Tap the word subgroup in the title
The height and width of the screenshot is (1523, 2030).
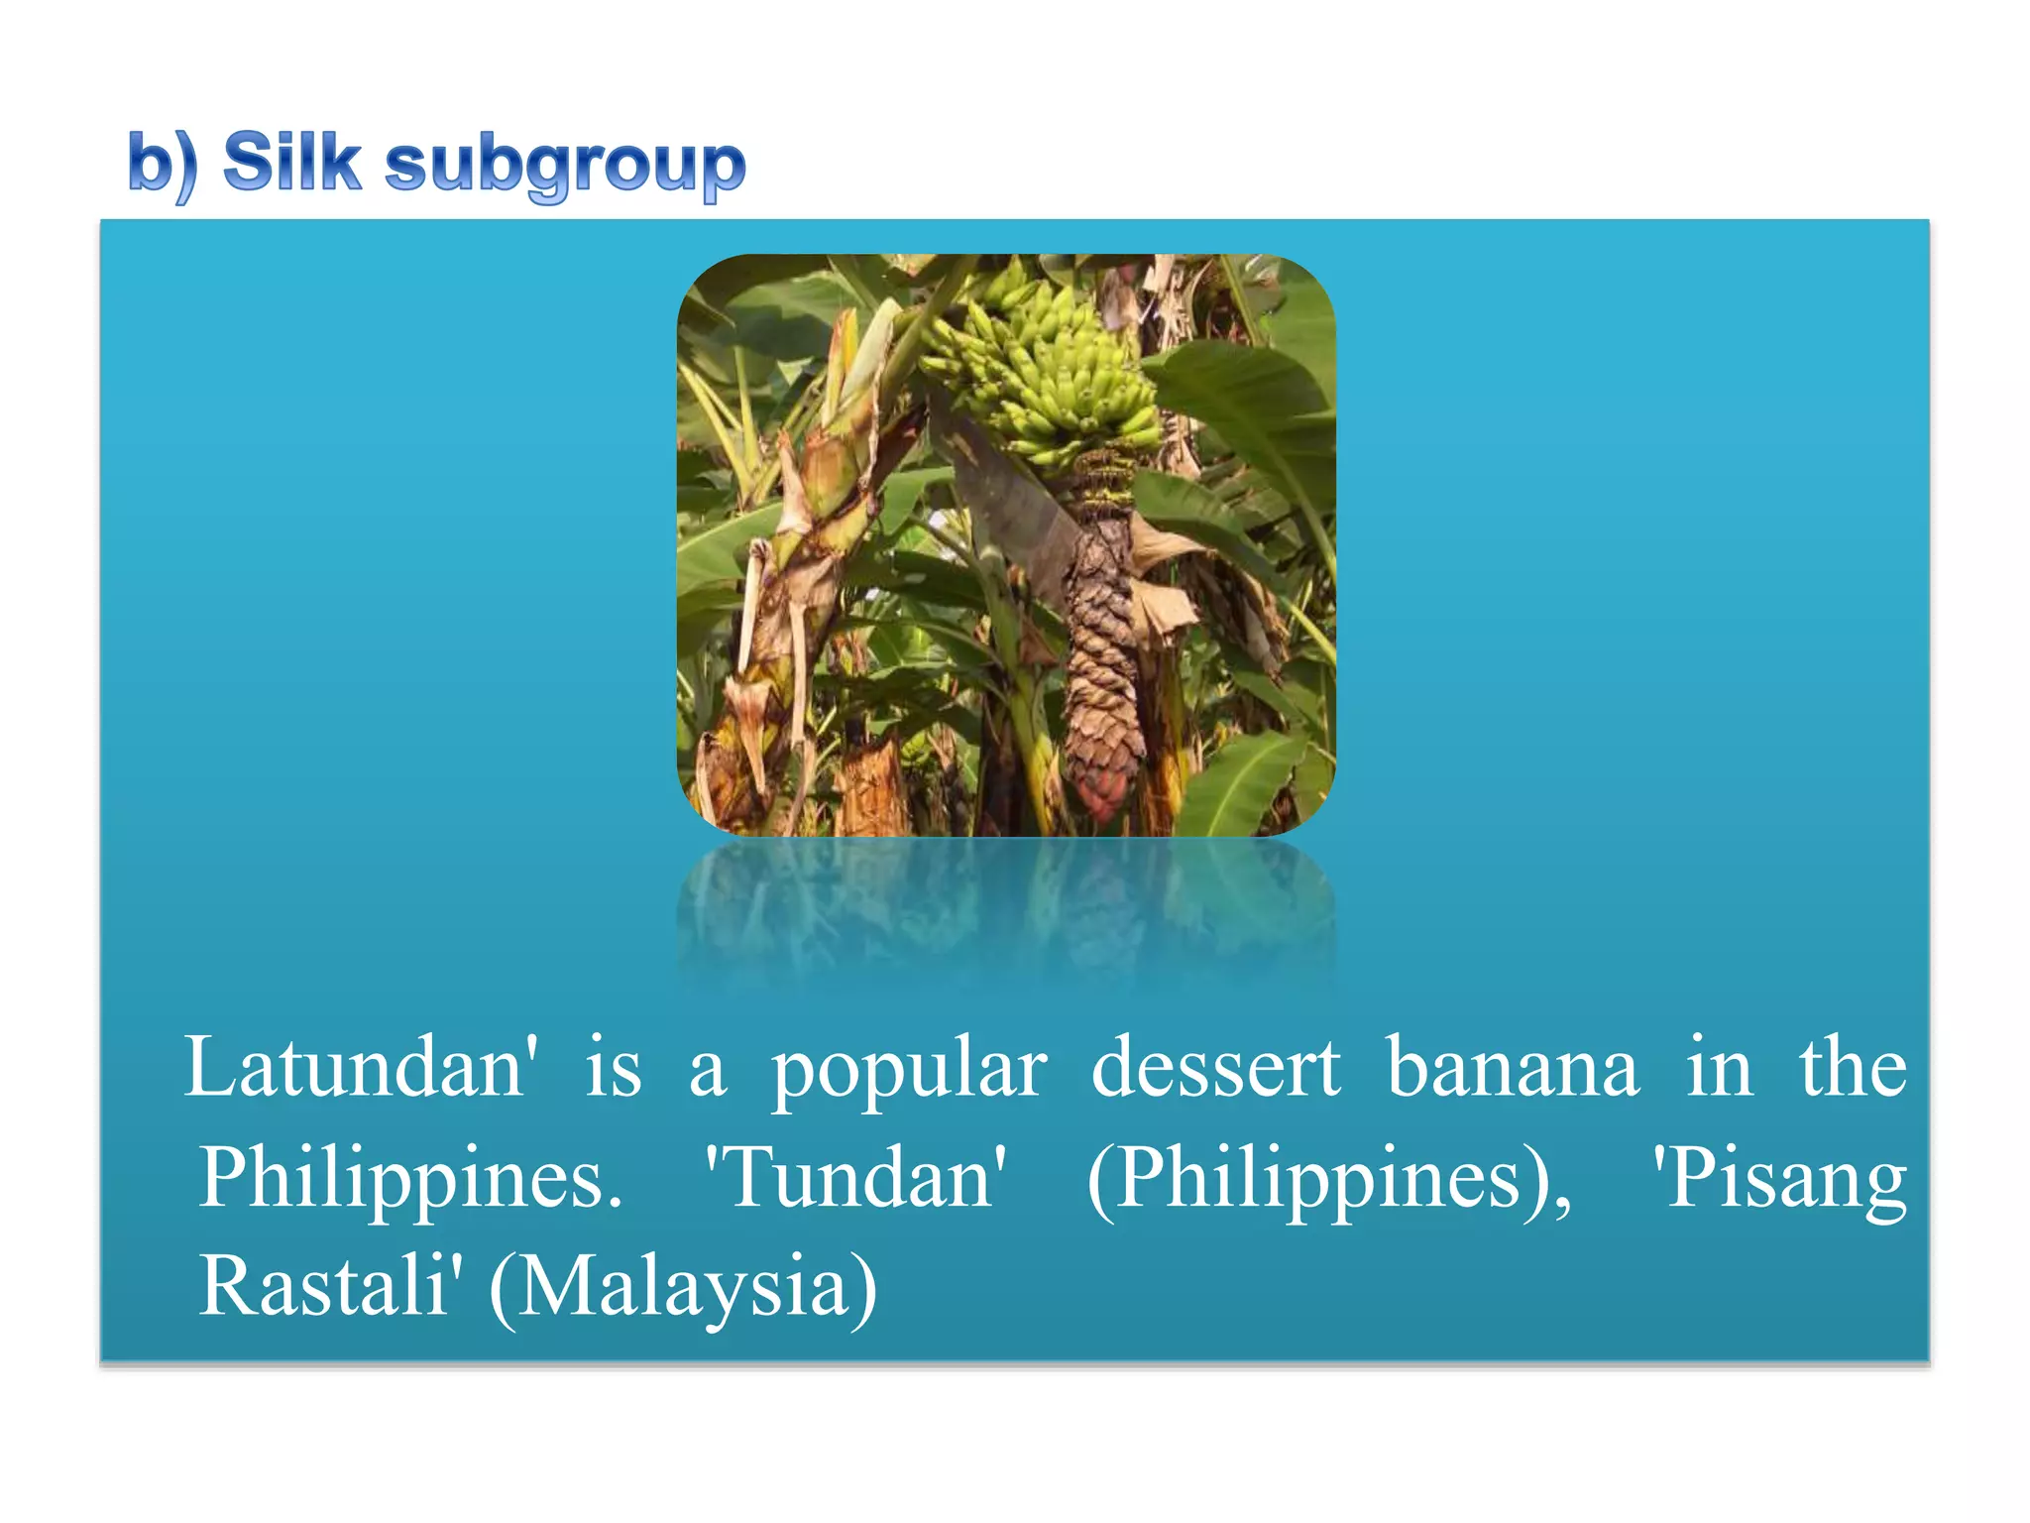point(565,165)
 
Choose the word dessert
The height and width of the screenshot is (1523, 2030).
point(1215,1068)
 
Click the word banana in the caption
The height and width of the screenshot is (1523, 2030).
point(1513,1068)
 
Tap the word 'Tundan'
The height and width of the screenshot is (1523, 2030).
point(854,1178)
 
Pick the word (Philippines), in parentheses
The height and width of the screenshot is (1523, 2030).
point(1329,1180)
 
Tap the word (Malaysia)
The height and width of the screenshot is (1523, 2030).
point(684,1288)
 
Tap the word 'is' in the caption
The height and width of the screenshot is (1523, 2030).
point(614,1068)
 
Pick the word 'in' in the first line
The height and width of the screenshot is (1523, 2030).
point(1720,1068)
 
